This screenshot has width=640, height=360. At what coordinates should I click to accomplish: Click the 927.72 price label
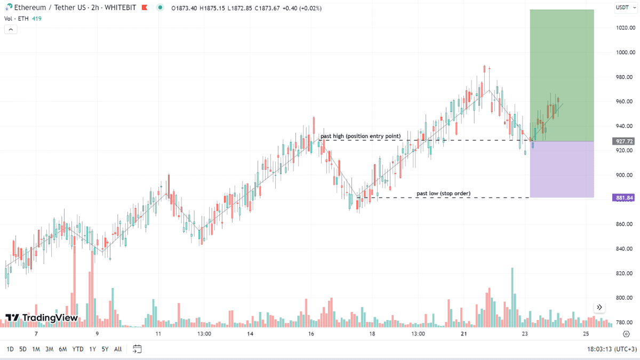click(x=623, y=141)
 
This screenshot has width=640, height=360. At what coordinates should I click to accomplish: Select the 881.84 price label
click(x=623, y=198)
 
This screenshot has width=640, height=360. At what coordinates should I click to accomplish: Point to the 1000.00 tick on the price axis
click(x=625, y=52)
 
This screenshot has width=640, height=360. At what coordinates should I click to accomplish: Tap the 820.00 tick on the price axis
click(x=625, y=273)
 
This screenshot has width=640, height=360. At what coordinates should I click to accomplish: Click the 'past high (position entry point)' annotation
click(x=360, y=136)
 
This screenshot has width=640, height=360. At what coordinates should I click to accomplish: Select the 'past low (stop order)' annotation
click(x=443, y=193)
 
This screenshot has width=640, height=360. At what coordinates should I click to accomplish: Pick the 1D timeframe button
click(x=10, y=349)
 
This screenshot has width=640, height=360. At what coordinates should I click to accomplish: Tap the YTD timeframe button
click(x=78, y=349)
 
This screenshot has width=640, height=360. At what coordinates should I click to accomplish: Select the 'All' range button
click(x=118, y=349)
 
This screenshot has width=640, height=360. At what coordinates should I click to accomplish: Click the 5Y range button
click(x=105, y=349)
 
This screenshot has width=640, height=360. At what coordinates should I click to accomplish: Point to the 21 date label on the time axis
click(x=463, y=334)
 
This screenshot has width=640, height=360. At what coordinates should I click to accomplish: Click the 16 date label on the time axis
click(x=311, y=334)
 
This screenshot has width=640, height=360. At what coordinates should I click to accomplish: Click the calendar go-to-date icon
click(x=137, y=349)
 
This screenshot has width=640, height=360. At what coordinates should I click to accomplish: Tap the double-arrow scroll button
click(x=599, y=307)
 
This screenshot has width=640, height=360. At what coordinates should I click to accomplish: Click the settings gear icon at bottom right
click(x=626, y=334)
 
